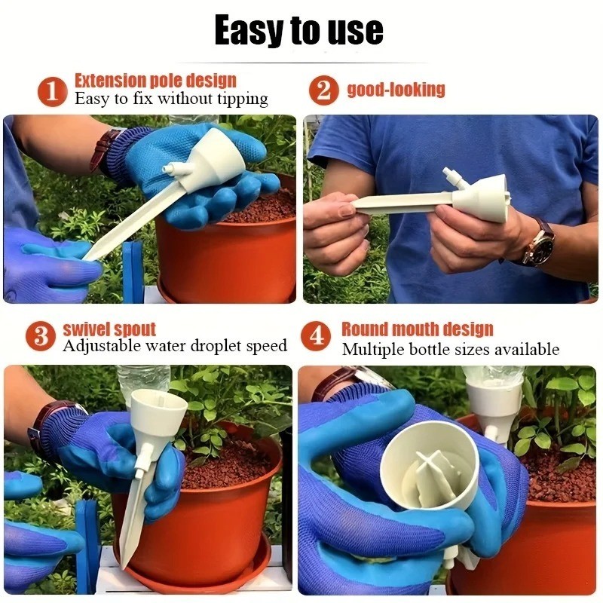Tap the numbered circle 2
point(323,91)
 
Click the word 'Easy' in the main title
point(249,32)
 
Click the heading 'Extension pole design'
point(155,81)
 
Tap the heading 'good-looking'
point(396,90)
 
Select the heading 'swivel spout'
point(109,329)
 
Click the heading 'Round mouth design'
point(417,329)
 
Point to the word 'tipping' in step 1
point(240,99)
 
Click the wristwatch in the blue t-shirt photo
point(538,243)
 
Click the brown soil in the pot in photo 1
point(268,206)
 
